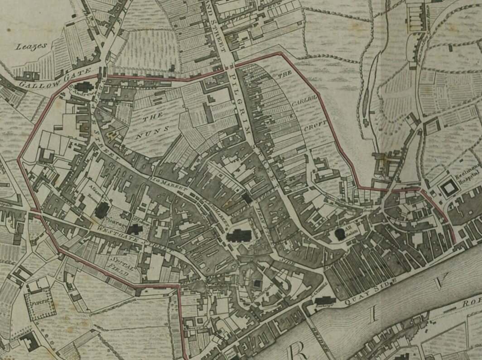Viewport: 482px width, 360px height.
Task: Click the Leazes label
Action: pos(31,46)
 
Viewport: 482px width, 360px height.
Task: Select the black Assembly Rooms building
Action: pos(102,209)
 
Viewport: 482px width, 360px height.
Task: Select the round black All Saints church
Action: pos(340,234)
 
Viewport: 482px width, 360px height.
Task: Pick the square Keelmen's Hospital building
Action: pos(450,187)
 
